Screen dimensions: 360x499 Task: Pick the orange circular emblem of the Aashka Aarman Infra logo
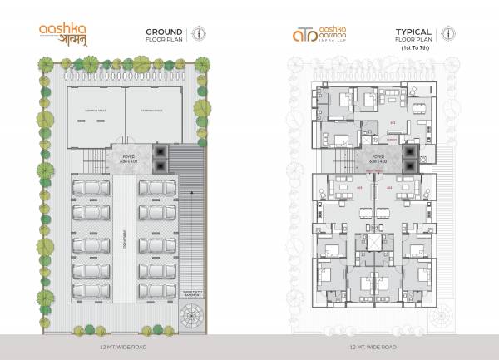pos(299,35)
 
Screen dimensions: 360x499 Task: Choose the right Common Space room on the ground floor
pos(151,110)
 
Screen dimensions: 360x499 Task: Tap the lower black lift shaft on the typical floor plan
pos(408,164)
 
